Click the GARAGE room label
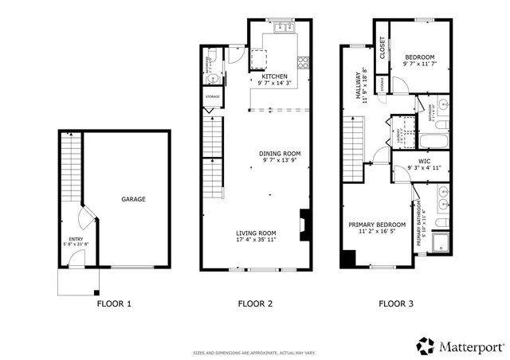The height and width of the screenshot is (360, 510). click(x=133, y=199)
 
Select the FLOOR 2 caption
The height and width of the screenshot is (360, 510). click(x=256, y=303)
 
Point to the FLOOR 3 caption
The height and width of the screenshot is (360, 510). click(x=396, y=303)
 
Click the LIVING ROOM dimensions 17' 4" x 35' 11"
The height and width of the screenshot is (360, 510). click(x=256, y=239)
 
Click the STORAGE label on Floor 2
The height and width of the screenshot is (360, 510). click(x=213, y=96)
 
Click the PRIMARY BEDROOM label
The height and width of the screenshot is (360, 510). click(x=377, y=225)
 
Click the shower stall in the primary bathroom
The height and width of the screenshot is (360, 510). click(x=440, y=241)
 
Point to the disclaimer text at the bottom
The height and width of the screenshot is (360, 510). click(x=255, y=353)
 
